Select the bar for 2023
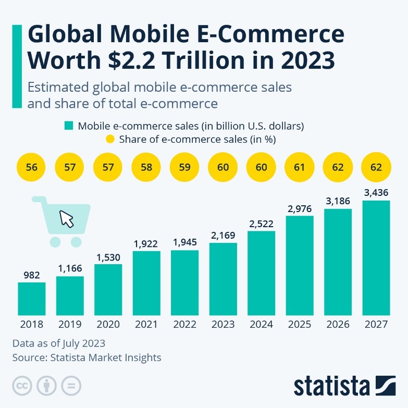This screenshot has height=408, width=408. pyautogui.click(x=223, y=279)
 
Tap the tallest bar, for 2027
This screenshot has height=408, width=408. pyautogui.click(x=376, y=258)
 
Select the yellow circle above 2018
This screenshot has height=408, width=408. pyautogui.click(x=32, y=168)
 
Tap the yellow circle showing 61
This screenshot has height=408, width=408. pyautogui.click(x=300, y=168)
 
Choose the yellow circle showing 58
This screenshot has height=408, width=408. pyautogui.click(x=146, y=168)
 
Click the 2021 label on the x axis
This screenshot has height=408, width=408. pyautogui.click(x=146, y=325)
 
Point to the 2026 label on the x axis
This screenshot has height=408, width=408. pyautogui.click(x=338, y=325)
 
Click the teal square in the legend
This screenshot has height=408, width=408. pyautogui.click(x=69, y=126)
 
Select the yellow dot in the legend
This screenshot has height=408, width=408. pyautogui.click(x=110, y=139)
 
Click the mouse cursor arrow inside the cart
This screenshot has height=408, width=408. pyautogui.click(x=67, y=218)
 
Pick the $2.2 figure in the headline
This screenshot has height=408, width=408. pyautogui.click(x=132, y=61)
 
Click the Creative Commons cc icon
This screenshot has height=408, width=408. pyautogui.click(x=22, y=386)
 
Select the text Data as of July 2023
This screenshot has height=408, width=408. pyautogui.click(x=58, y=343)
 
